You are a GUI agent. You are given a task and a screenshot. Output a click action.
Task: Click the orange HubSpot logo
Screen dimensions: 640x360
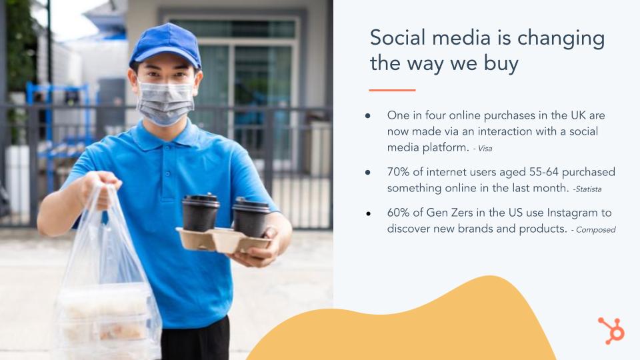611,331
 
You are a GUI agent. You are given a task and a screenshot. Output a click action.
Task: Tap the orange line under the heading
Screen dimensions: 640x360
392,90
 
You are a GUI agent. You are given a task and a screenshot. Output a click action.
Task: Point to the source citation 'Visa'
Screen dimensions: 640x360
485,149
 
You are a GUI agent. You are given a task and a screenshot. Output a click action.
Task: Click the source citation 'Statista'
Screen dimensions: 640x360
588,189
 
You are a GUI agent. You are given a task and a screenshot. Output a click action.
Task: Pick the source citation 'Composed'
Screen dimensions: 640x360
596,230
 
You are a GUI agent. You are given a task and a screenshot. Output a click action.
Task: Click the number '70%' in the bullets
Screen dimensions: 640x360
398,172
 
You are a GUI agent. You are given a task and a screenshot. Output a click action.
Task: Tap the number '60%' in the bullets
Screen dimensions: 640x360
398,213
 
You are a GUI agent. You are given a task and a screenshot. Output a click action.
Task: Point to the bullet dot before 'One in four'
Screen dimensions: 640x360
368,115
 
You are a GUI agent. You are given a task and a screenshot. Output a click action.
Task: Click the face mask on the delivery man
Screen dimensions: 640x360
165,102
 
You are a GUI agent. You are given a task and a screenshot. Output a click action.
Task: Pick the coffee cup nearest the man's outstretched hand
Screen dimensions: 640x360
251,217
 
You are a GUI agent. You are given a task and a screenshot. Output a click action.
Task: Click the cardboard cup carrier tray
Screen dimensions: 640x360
223,241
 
